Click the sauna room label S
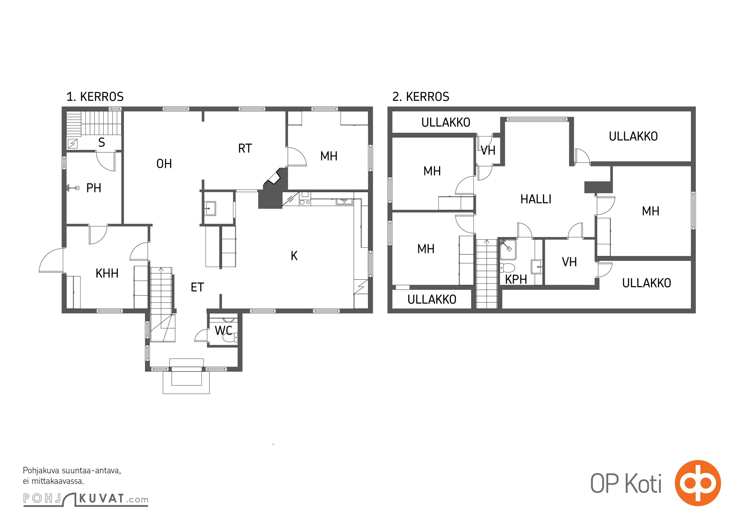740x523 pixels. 101,143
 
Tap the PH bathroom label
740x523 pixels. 94,188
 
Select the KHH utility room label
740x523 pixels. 107,273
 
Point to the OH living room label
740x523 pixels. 164,164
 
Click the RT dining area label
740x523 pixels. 245,148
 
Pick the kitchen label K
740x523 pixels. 294,256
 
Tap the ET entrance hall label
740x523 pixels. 197,287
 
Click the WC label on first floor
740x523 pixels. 223,330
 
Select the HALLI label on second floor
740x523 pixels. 536,199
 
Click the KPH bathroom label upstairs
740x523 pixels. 516,279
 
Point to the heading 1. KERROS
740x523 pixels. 95,97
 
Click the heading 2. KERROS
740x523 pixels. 421,97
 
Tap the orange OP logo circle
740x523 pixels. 698,483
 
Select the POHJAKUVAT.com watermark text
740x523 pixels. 86,499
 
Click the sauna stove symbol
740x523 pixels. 72,144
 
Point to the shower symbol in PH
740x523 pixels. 73,188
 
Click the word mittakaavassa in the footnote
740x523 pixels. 58,481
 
